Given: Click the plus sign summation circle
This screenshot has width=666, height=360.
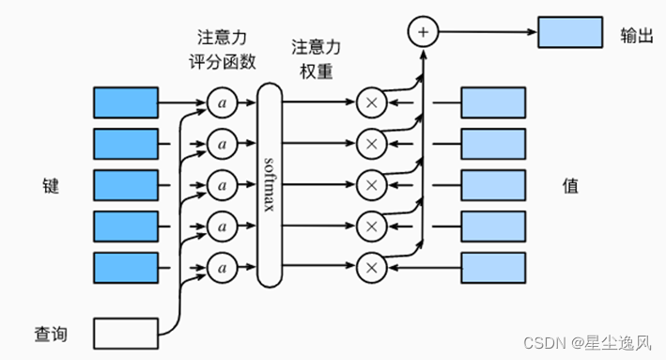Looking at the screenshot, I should tap(423, 32).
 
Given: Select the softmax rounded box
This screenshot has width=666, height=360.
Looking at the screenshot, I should tap(270, 183).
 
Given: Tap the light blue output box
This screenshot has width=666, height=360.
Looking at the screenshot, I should tap(569, 32).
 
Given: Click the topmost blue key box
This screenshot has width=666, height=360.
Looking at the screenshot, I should tap(126, 101).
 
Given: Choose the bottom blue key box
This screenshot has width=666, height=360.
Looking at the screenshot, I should tap(126, 268).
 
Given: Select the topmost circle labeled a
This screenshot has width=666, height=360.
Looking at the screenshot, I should tap(222, 101).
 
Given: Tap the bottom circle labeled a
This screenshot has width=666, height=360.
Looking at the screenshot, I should tap(222, 268).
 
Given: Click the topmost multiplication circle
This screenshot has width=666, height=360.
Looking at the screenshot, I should tap(371, 101).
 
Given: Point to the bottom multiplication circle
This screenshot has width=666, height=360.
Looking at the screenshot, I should tap(371, 268).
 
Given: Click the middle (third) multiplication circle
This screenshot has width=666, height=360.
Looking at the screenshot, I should tap(371, 184).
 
